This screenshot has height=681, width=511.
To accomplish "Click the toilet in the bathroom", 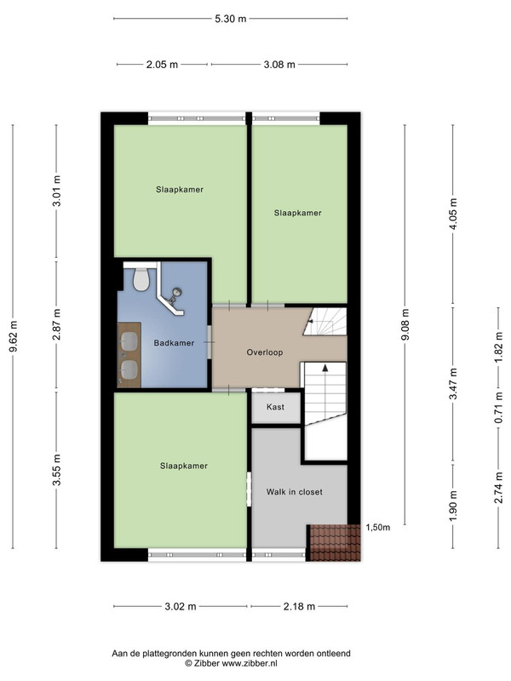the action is [x=141, y=279].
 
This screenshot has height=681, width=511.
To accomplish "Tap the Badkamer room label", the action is [x=174, y=343].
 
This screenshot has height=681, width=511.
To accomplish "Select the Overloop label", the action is [x=265, y=352].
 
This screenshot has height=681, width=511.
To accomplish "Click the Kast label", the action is [x=275, y=407].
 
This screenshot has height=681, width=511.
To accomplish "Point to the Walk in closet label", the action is [x=294, y=492].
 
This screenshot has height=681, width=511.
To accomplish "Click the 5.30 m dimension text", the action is [x=230, y=19].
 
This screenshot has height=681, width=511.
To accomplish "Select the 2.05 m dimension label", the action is [x=162, y=65].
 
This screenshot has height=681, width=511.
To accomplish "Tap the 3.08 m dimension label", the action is [x=279, y=65].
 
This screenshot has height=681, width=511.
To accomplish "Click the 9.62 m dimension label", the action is [x=13, y=337].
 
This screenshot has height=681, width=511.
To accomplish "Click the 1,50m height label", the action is [x=377, y=528].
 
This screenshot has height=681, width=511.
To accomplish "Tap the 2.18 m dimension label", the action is [x=299, y=607].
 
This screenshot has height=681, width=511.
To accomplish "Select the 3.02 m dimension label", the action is [x=181, y=607].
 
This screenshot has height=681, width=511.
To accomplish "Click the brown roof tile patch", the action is [x=335, y=543].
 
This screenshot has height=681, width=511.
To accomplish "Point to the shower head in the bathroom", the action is [x=176, y=293].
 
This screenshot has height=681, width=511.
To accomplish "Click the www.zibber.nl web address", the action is [x=250, y=663].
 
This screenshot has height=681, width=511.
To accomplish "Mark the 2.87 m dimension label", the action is [x=56, y=324].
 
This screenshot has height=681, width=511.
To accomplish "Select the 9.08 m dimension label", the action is [x=405, y=324].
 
